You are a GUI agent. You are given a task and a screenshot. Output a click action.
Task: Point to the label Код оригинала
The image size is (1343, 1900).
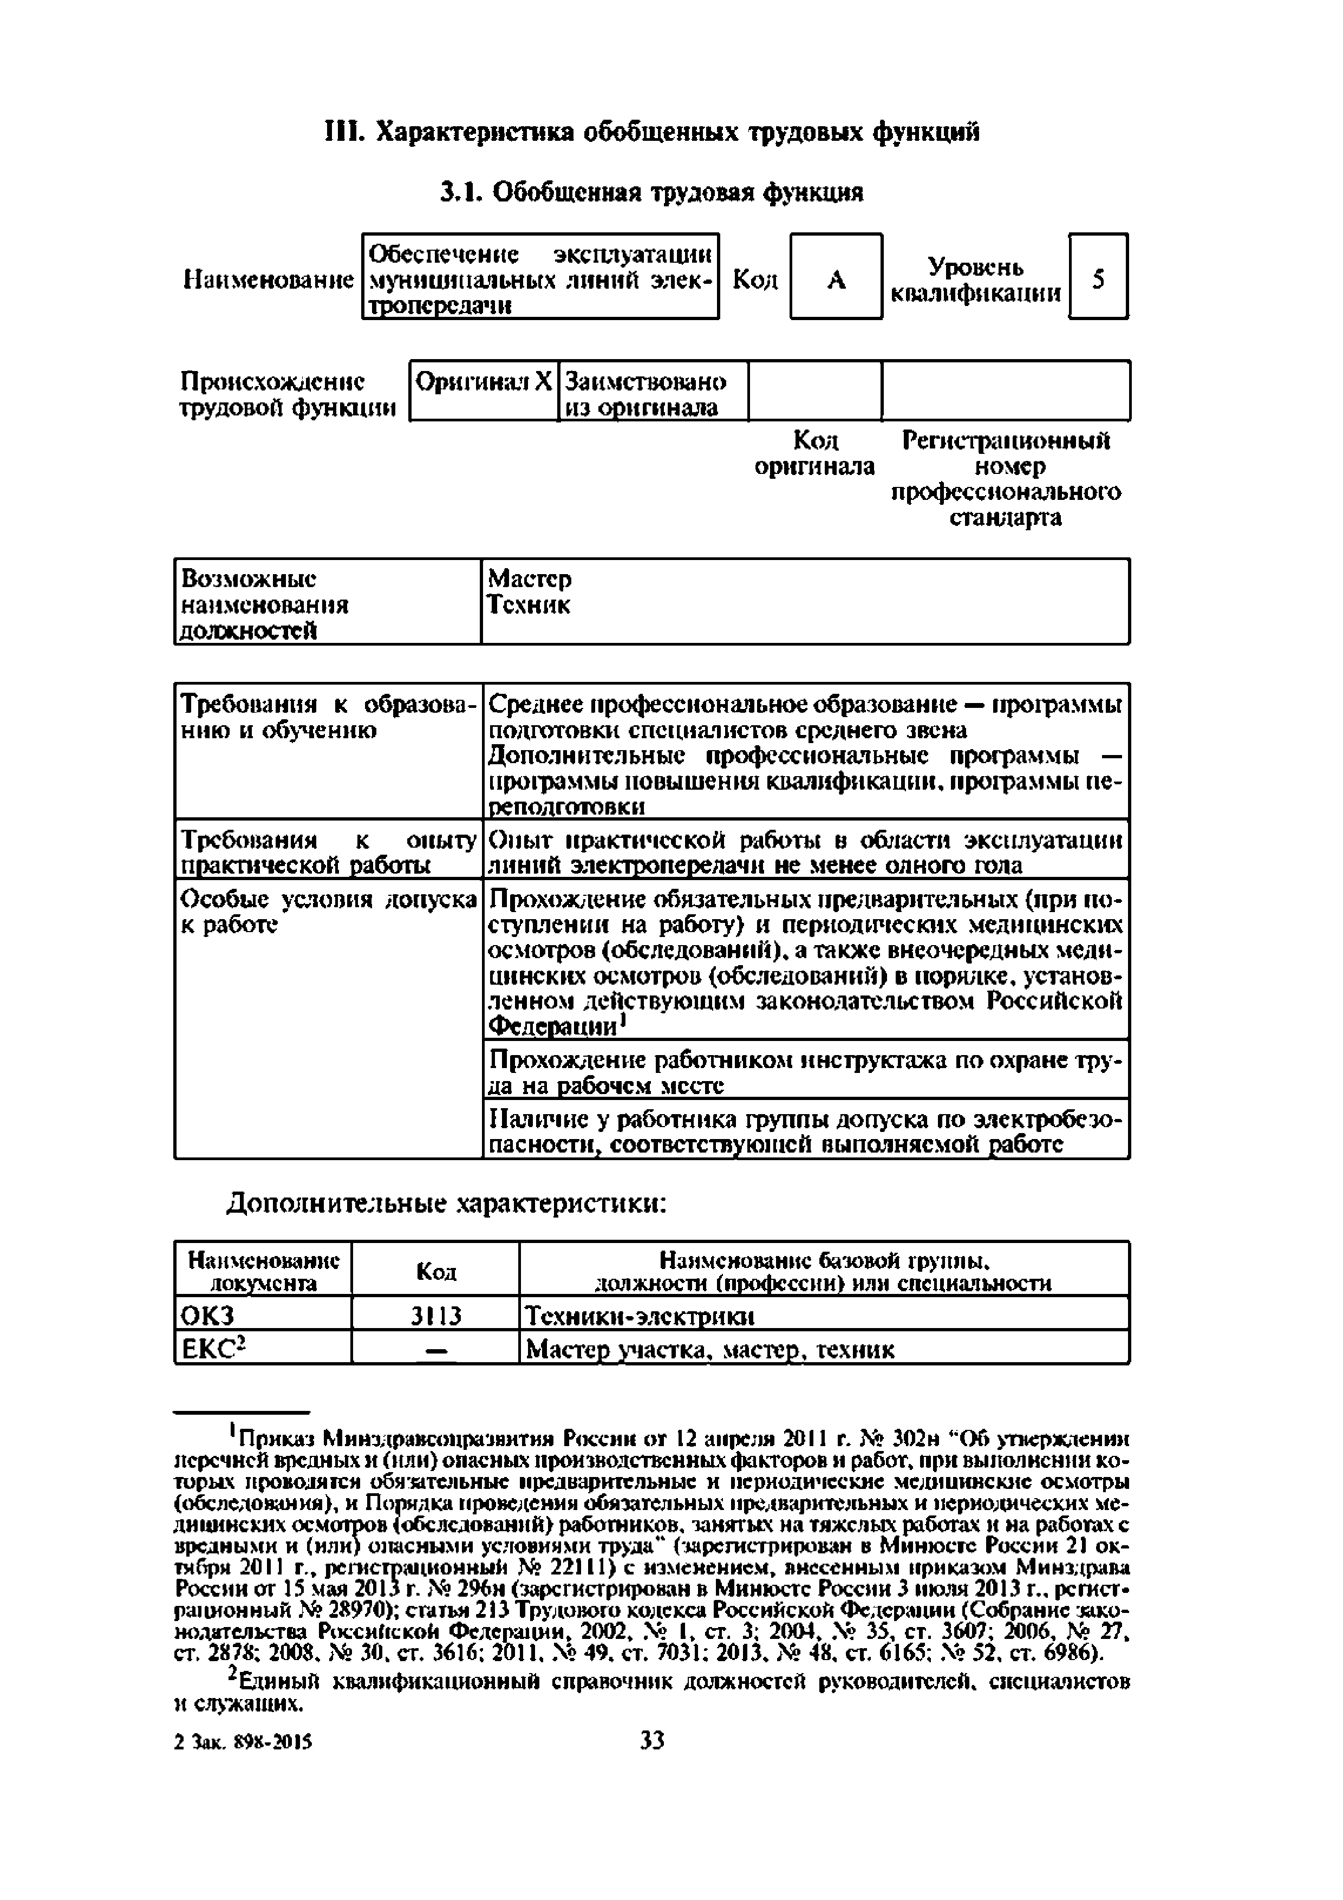(814, 453)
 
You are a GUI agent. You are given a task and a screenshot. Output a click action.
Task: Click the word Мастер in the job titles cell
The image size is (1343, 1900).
(530, 577)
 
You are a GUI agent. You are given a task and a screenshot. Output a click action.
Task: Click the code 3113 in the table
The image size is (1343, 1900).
(436, 1316)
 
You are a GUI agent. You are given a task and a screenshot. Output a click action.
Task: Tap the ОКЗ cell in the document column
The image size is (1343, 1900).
(208, 1316)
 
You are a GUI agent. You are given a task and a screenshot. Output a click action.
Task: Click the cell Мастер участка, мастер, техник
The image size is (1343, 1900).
(710, 1350)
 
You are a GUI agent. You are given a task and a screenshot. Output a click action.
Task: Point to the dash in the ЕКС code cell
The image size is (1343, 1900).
(436, 1350)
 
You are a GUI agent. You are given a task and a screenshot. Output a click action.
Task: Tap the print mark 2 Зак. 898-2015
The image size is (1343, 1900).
(244, 1742)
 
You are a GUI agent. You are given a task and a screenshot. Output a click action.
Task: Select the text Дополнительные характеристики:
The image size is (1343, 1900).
(447, 1202)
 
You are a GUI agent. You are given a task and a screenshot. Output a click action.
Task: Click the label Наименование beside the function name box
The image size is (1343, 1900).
(268, 279)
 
